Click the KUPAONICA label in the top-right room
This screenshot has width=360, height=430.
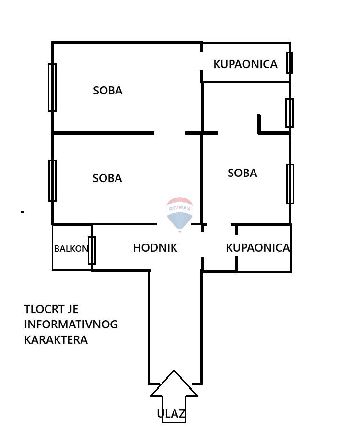click(245, 64)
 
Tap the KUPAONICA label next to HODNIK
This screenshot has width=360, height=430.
click(258, 248)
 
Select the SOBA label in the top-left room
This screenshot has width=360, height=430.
click(108, 91)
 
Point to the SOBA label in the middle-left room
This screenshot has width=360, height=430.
click(107, 178)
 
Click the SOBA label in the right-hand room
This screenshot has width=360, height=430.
click(243, 173)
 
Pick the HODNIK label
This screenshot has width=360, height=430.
click(155, 248)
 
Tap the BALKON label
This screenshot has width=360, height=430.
click(71, 249)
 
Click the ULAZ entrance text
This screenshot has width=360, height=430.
click(171, 414)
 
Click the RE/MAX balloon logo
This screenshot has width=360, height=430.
click(180, 214)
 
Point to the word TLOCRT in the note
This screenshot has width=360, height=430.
click(42, 309)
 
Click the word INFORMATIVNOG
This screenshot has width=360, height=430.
click(71, 325)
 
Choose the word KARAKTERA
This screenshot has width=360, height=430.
click(56, 340)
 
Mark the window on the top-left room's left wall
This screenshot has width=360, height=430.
click(52, 87)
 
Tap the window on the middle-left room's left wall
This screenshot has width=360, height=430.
click(52, 180)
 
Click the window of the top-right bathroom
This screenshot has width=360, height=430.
click(290, 62)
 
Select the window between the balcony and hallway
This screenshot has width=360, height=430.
click(92, 250)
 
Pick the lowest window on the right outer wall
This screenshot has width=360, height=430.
click(290, 184)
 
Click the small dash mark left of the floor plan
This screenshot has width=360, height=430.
click(23, 212)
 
